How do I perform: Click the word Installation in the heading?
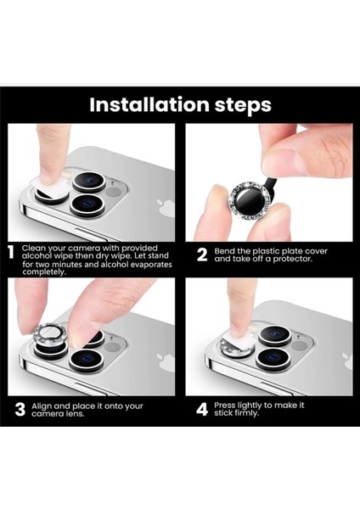[x=149, y=104]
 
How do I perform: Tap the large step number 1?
[x=11, y=252]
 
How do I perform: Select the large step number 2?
[x=202, y=255]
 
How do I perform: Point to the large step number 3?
[x=20, y=410]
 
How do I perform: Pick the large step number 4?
[x=202, y=410]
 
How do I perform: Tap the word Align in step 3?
[x=42, y=406]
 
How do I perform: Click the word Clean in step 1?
[x=32, y=248]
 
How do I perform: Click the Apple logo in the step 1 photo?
[x=166, y=209]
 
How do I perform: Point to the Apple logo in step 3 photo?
[x=166, y=363]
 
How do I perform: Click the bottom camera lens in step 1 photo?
[x=87, y=204]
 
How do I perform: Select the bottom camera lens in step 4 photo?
[x=273, y=358]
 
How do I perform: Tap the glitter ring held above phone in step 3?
[x=51, y=333]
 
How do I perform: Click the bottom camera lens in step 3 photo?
[x=87, y=360]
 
